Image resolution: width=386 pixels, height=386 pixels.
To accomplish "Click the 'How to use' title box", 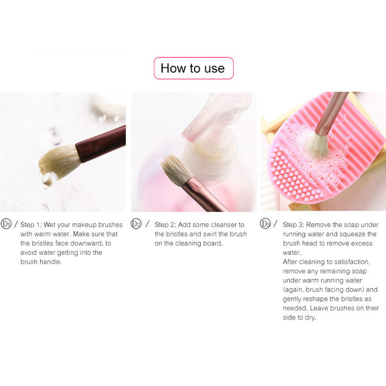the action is pyautogui.click(x=194, y=68).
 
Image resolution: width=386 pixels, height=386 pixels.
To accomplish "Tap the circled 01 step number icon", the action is pyautogui.click(x=6, y=224).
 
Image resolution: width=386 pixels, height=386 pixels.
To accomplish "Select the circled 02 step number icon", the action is pyautogui.click(x=136, y=223).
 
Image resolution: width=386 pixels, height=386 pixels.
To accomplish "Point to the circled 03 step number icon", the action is pyautogui.click(x=265, y=223).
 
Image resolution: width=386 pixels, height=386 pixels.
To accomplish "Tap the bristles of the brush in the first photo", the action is pyautogui.click(x=58, y=162).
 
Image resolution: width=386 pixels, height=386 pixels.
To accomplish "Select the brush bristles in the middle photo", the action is pyautogui.click(x=175, y=170).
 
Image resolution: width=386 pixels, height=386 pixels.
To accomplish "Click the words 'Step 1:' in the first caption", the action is pyautogui.click(x=31, y=225).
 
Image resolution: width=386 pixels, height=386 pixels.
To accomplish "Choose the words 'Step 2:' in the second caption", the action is pyautogui.click(x=165, y=225).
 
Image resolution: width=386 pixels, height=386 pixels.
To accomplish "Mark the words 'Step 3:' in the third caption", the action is pyautogui.click(x=293, y=225).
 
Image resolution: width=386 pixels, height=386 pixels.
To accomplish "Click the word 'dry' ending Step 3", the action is pyautogui.click(x=310, y=318).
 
